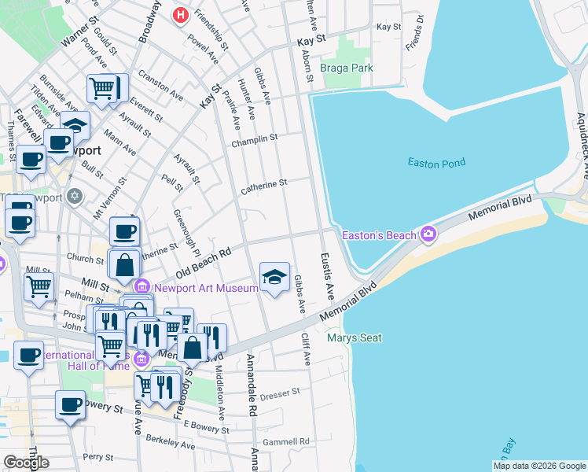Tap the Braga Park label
(x=347, y=68)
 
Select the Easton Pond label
(x=436, y=163)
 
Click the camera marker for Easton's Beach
(x=428, y=234)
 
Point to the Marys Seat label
(x=355, y=338)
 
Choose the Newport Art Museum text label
(x=205, y=288)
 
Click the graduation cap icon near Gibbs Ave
(x=274, y=277)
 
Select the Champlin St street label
(x=255, y=139)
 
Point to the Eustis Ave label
(x=327, y=276)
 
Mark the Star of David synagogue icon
(x=75, y=195)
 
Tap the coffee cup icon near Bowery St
(x=70, y=405)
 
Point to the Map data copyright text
(x=538, y=466)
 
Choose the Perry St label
(x=98, y=456)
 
